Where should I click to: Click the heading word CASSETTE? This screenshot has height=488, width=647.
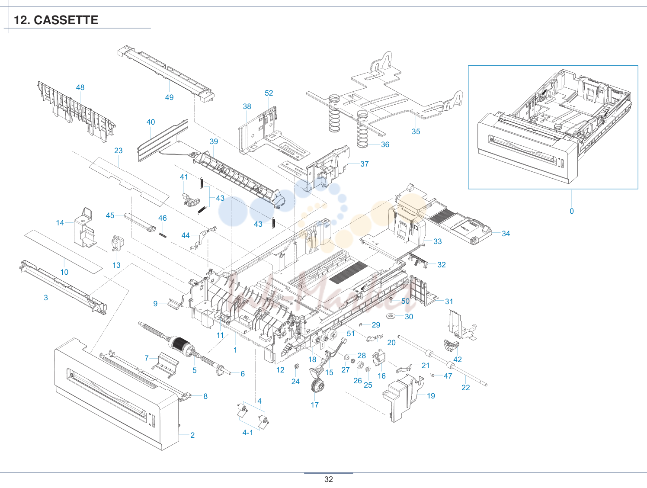(66, 20)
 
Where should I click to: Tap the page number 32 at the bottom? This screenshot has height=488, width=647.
(328, 479)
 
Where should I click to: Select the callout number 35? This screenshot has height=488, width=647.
(416, 132)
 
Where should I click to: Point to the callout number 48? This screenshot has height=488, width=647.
(80, 87)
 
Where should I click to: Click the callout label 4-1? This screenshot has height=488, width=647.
(248, 433)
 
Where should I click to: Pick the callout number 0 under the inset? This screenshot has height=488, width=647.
(572, 211)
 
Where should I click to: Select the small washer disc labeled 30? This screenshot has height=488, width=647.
(391, 316)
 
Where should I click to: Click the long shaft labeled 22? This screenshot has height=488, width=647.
(442, 360)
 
